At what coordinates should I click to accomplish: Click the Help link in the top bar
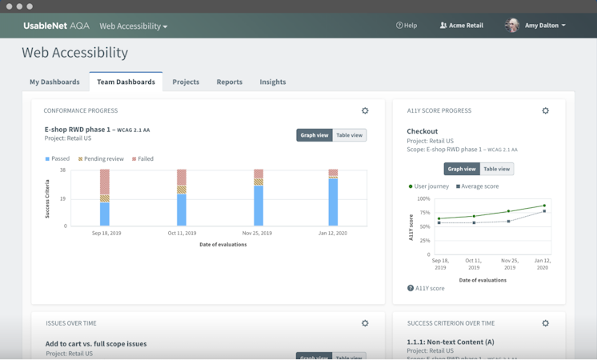pos(407,26)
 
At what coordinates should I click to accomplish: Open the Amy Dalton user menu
pos(535,26)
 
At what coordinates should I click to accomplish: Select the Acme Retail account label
pos(462,26)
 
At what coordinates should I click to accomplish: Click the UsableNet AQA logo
pos(56,26)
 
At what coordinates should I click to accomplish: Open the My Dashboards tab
pos(54,82)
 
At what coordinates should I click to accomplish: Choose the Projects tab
pos(186,82)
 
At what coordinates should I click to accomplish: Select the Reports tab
pos(229,82)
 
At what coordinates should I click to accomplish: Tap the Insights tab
pos(272,82)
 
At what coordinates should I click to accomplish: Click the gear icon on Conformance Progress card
pos(365,111)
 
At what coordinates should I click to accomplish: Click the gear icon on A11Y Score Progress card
pos(546,111)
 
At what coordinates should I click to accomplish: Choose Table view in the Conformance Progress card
pos(349,135)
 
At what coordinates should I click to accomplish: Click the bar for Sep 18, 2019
pos(105,198)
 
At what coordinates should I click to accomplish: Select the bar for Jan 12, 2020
pos(333,198)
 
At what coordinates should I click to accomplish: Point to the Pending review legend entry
pos(100,158)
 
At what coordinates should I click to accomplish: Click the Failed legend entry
pos(142,158)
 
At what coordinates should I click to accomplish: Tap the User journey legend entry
pos(429,186)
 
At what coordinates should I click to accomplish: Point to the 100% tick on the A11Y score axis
pos(423,198)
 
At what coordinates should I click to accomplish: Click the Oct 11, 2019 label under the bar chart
pos(182,234)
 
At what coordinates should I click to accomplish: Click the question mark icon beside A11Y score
pos(411,288)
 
